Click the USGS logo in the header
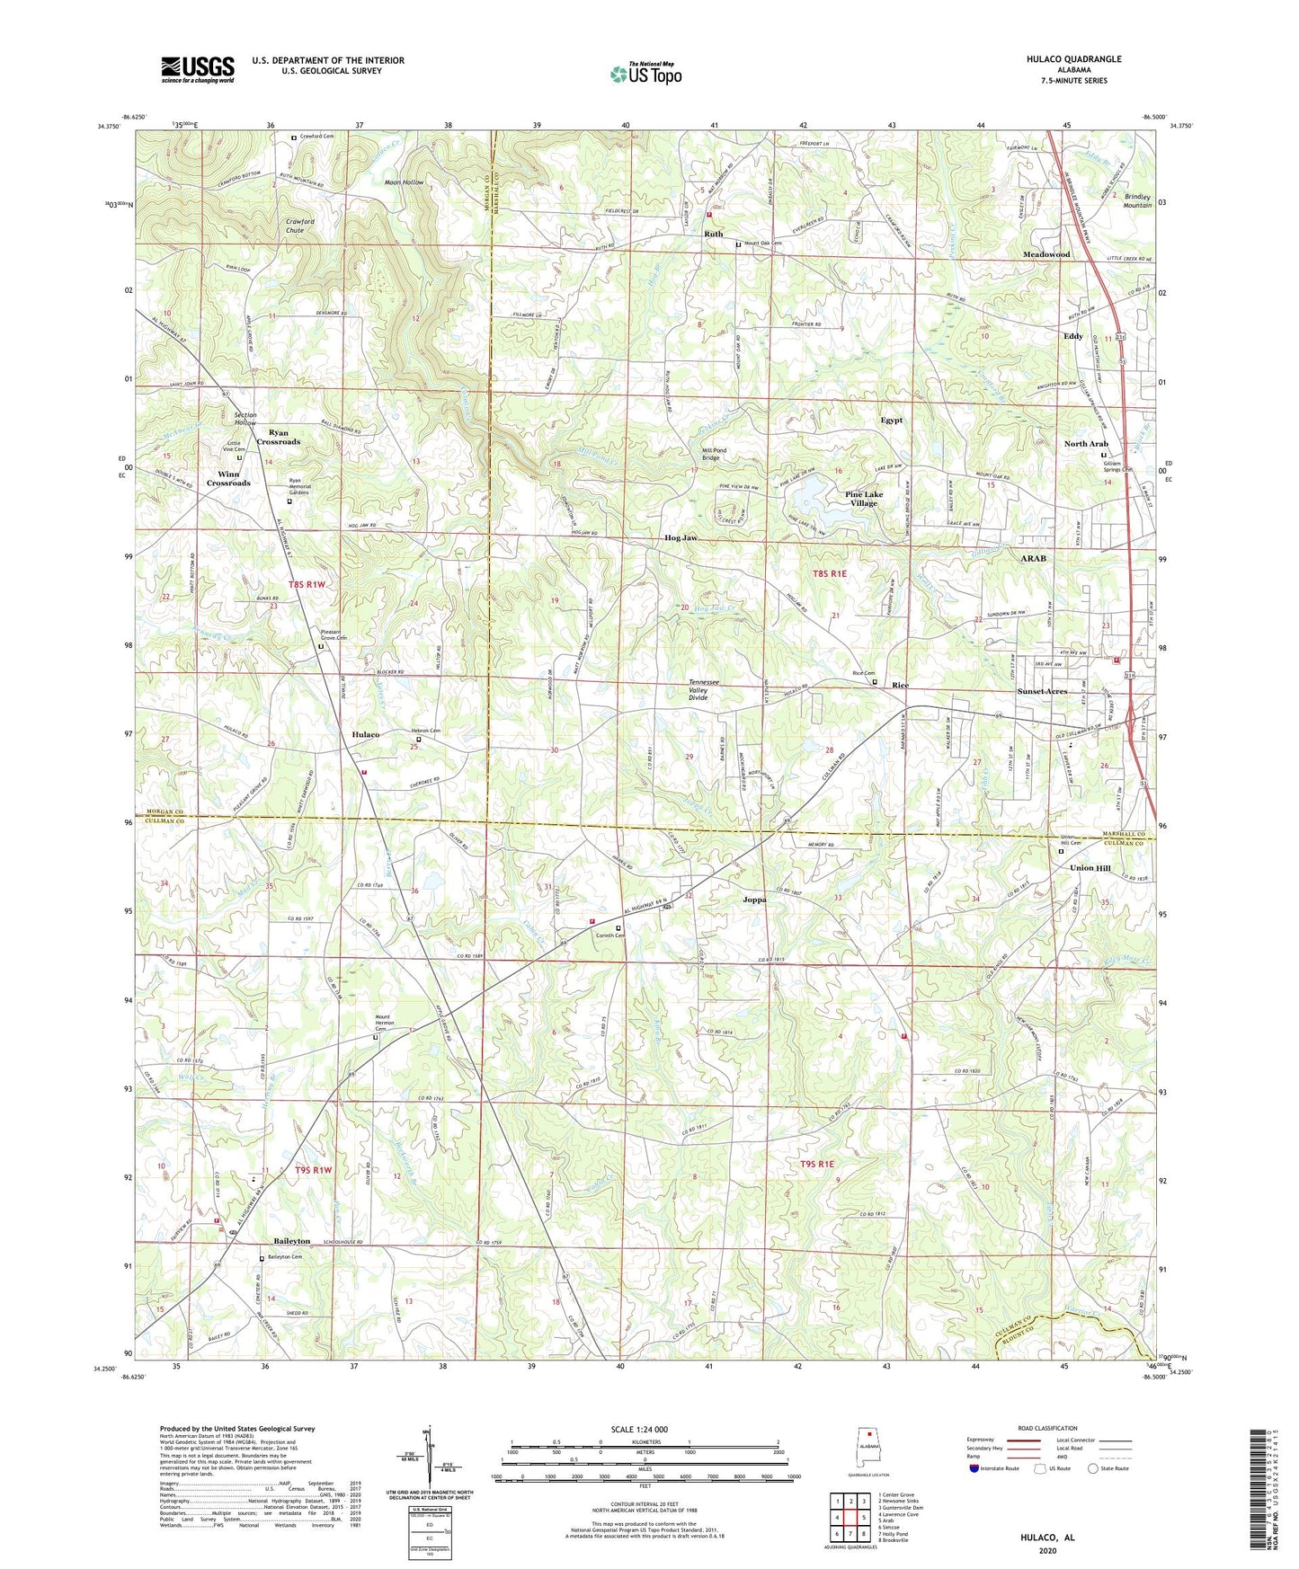198,69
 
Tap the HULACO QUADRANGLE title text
1069,59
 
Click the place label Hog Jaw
681,538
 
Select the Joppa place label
754,900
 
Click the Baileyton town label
286,1241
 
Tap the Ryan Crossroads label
279,437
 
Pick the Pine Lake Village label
864,499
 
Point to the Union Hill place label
1090,869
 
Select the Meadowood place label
1046,254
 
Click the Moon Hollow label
404,182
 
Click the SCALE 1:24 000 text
649,1429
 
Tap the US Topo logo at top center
645,74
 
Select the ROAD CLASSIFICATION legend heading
1046,1428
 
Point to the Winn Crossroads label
228,478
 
